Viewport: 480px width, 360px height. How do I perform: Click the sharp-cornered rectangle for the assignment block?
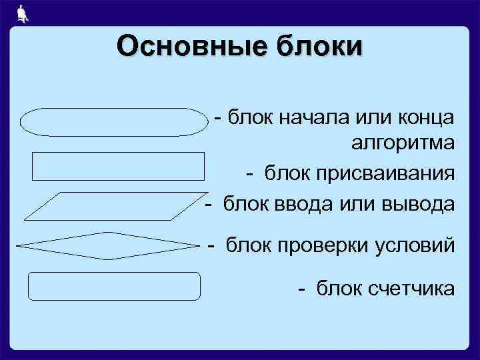pos(118,166)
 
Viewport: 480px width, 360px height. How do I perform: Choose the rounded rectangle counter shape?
pos(114,286)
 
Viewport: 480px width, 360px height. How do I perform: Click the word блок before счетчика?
pos(337,289)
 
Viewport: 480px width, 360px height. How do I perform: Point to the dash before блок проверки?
pos(212,245)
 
